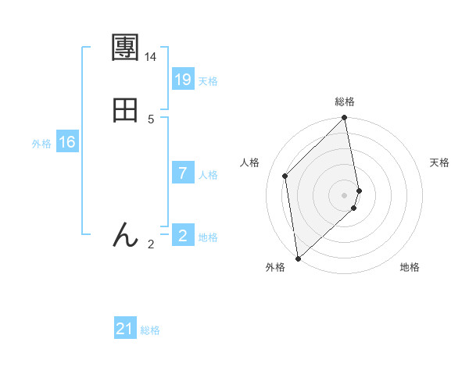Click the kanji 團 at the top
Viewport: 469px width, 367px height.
point(125,48)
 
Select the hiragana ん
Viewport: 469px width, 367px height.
point(125,235)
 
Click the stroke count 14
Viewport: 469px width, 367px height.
point(151,57)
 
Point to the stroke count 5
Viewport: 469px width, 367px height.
point(151,119)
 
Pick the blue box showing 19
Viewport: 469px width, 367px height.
point(183,80)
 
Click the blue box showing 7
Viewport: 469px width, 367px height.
point(183,173)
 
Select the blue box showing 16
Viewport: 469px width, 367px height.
point(67,142)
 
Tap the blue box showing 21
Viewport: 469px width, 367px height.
point(125,330)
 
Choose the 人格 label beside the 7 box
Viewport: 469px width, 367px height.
point(208,175)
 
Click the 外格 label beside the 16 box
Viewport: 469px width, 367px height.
point(41,144)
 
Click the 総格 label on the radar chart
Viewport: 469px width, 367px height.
point(345,102)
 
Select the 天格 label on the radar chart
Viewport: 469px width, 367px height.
point(440,162)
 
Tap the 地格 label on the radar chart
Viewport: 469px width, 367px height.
point(410,268)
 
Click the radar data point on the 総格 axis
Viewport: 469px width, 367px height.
point(345,119)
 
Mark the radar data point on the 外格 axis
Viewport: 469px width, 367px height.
point(298,258)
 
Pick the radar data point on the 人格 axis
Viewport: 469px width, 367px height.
point(285,176)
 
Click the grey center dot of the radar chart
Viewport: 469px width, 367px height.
point(345,194)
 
